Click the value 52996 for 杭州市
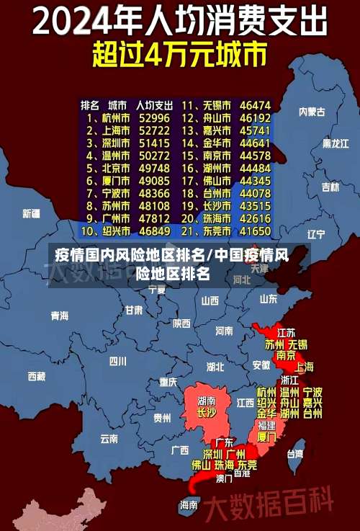[154, 117]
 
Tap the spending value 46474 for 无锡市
[256, 104]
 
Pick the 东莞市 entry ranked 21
[216, 231]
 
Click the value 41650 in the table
[256, 231]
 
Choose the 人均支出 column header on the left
[154, 104]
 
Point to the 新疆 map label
[32, 213]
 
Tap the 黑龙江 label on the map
[336, 143]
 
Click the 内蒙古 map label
[312, 112]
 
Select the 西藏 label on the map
[36, 375]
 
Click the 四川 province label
[118, 360]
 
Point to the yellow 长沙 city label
[207, 413]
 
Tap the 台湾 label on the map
[295, 454]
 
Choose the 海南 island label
[189, 504]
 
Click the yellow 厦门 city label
[266, 437]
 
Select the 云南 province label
[109, 437]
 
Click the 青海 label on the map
[59, 315]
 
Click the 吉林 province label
[330, 187]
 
